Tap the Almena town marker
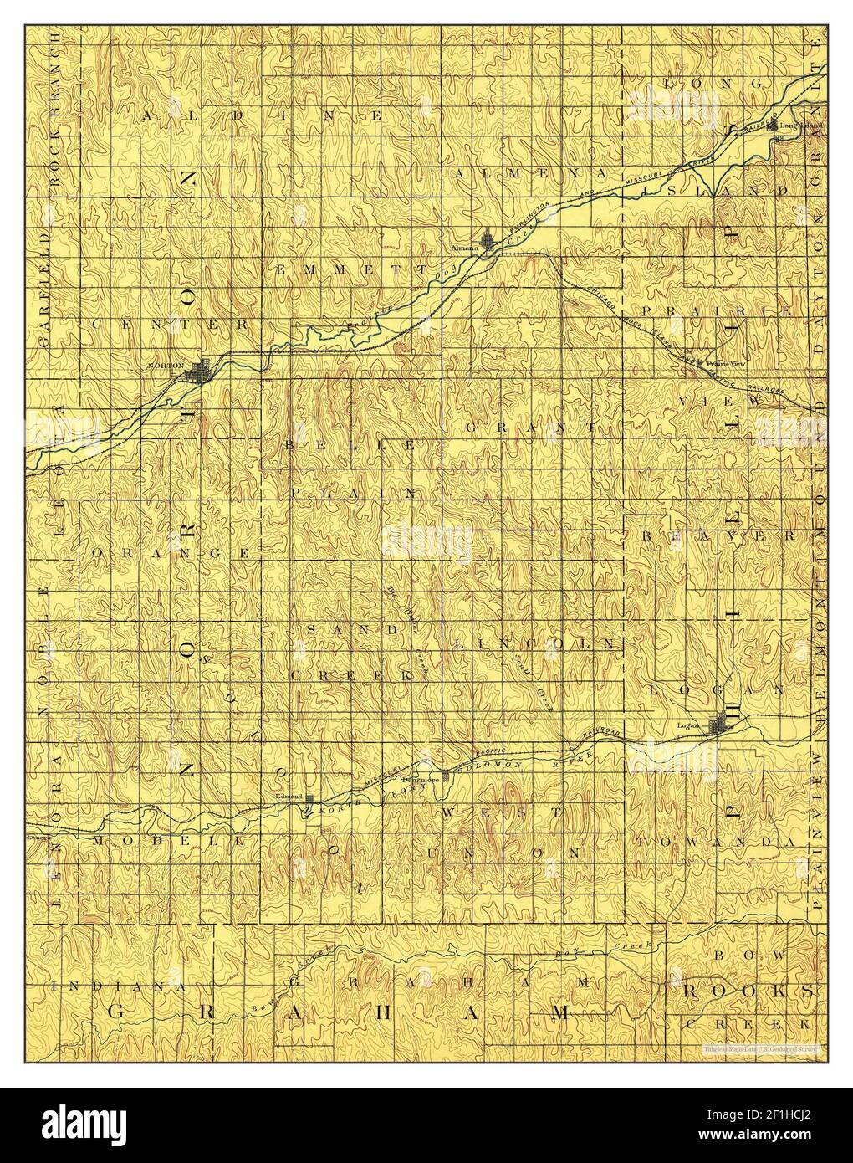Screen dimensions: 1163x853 tap(488, 243)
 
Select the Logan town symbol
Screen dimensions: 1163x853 tap(718, 726)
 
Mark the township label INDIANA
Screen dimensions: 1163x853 tap(116, 987)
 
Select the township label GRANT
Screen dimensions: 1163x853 tap(530, 428)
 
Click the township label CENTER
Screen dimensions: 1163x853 tap(171, 323)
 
